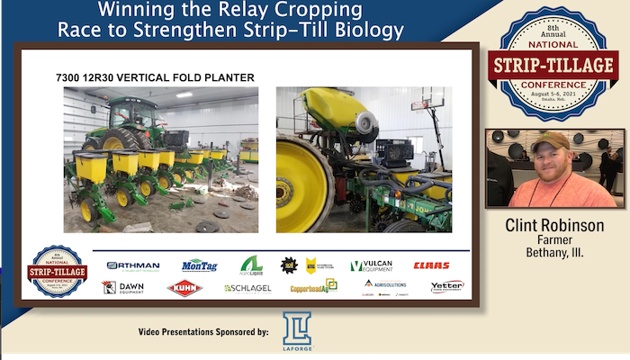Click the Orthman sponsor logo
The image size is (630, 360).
click(x=133, y=265)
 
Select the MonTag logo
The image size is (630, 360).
click(x=199, y=265)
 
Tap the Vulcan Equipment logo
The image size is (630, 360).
click(x=371, y=265)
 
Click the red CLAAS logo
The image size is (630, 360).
click(x=431, y=265)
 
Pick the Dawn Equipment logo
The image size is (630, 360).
click(x=123, y=287)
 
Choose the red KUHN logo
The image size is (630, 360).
click(x=184, y=288)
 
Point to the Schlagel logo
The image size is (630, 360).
click(x=247, y=288)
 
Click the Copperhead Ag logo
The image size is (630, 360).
click(x=313, y=287)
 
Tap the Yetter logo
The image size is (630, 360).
click(x=447, y=286)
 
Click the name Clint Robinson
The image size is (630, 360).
click(x=554, y=225)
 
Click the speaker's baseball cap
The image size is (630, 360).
click(x=550, y=141)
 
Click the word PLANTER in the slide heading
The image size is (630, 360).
click(x=222, y=77)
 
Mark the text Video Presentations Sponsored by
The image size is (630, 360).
click(x=203, y=332)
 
